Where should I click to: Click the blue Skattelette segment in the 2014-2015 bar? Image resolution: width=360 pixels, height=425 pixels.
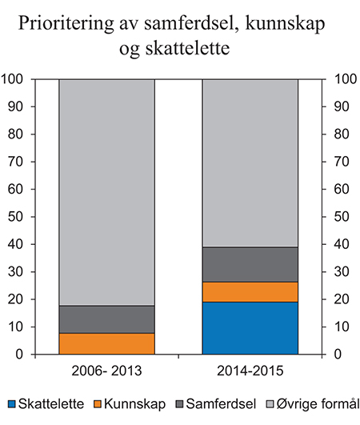tap(250, 327)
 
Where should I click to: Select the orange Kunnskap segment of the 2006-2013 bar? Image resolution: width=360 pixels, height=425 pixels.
tap(106, 343)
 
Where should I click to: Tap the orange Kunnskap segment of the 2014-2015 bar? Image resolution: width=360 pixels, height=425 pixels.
tap(250, 292)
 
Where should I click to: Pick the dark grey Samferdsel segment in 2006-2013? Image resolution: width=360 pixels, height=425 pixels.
tap(106, 319)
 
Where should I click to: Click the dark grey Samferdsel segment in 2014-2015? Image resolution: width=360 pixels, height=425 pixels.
tap(250, 264)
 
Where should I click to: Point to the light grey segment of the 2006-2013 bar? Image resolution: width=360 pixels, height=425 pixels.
tap(106, 192)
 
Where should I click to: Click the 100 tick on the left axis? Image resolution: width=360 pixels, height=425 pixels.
tap(18, 79)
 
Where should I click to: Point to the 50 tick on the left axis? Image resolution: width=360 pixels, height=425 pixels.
tap(21, 217)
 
